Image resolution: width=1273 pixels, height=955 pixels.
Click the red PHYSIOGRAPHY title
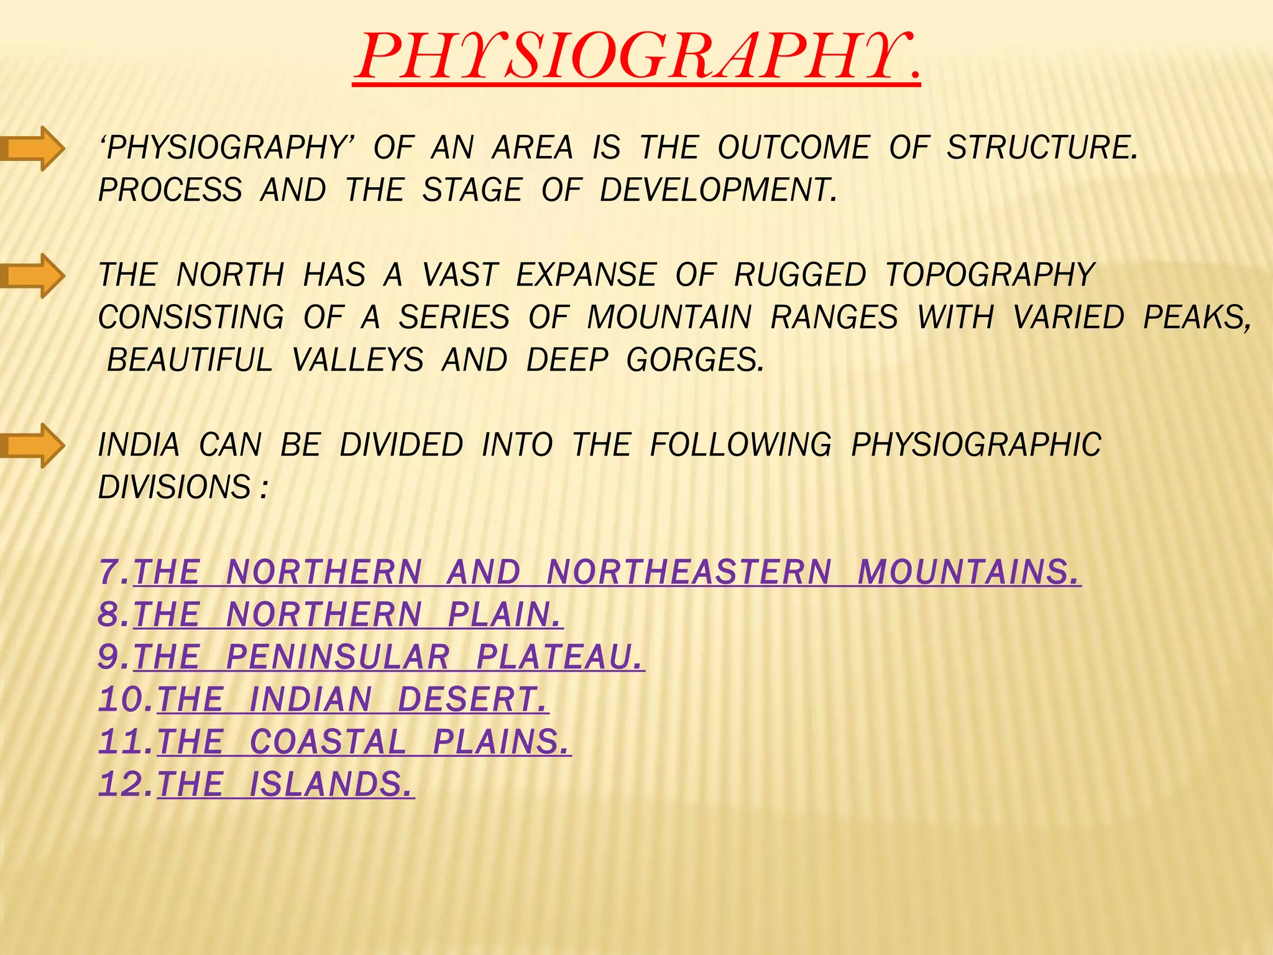click(636, 57)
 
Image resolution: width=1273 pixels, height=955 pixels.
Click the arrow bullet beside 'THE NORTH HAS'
click(34, 275)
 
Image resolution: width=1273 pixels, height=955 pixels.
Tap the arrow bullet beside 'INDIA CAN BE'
click(34, 445)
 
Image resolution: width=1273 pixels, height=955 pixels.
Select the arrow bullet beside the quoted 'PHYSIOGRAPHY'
click(34, 148)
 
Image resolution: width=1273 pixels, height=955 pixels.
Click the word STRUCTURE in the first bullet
click(1041, 148)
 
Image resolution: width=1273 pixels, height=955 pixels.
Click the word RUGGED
click(800, 275)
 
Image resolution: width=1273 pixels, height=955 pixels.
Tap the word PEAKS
click(1197, 318)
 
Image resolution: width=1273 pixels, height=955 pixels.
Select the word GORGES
click(694, 360)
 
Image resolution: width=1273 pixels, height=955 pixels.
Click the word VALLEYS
click(358, 360)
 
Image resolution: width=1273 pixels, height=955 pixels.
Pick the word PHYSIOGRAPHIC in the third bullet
click(976, 445)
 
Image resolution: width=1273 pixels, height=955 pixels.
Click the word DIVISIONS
click(175, 487)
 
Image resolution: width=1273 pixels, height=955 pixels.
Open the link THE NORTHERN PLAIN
click(348, 615)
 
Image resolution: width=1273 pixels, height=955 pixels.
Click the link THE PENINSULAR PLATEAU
click(389, 657)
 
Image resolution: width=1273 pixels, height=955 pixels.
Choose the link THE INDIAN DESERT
click(353, 699)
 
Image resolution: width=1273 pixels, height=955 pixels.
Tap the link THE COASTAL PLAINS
click(364, 742)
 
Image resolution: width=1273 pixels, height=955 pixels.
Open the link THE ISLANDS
click(286, 784)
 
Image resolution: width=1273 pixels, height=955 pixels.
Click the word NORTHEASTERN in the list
click(689, 573)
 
